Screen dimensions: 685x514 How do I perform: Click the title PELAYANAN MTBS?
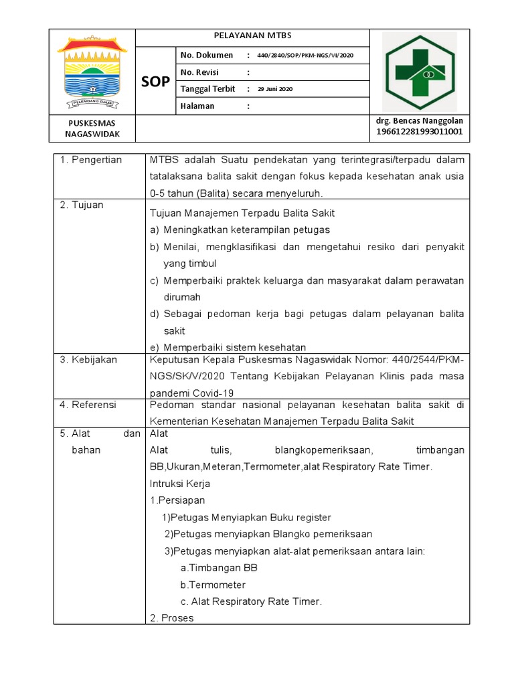click(252, 36)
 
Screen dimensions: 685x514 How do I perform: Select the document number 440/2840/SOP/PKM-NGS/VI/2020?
click(305, 56)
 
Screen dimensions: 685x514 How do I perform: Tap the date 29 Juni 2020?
click(275, 89)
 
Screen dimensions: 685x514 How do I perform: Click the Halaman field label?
click(197, 106)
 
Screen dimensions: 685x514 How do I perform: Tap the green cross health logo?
click(419, 72)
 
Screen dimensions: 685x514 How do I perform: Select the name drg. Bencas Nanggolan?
click(419, 120)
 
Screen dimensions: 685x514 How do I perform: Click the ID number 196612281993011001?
click(419, 132)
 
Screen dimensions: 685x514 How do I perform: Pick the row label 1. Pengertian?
click(91, 160)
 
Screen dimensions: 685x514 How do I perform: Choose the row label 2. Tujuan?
click(82, 205)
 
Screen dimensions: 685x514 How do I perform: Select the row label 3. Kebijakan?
click(88, 360)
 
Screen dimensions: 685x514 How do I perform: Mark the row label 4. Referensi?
click(88, 405)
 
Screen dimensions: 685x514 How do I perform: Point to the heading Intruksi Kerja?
click(180, 483)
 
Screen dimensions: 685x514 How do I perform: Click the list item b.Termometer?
click(213, 585)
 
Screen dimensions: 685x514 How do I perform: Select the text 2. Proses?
click(172, 618)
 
